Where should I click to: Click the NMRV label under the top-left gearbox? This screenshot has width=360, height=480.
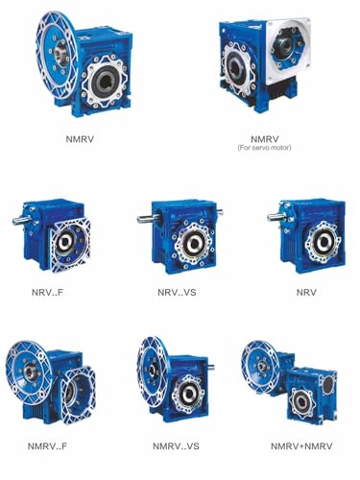click(x=80, y=139)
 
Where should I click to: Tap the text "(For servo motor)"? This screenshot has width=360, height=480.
click(x=264, y=148)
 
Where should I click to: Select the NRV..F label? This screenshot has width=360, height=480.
click(x=47, y=292)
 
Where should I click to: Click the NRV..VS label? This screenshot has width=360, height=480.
click(x=177, y=292)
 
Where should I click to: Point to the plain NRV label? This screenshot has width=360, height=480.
click(x=306, y=292)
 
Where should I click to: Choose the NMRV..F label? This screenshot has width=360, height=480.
click(x=47, y=446)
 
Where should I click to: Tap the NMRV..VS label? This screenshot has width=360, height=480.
click(x=176, y=446)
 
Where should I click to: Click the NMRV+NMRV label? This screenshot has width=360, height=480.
click(x=301, y=446)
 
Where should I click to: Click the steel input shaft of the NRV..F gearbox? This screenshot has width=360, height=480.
click(x=21, y=220)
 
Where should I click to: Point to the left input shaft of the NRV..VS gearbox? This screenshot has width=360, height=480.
click(x=147, y=219)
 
